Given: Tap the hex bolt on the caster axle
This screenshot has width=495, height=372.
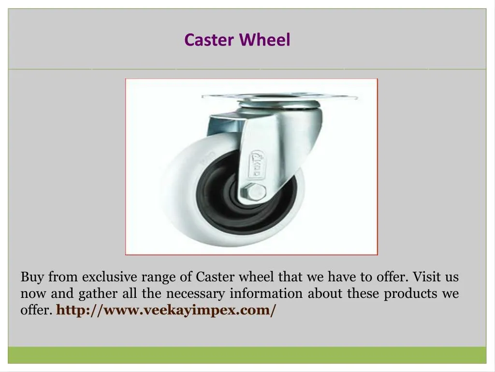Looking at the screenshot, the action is [253, 192].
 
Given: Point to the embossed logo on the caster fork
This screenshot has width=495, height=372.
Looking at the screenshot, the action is [257, 165].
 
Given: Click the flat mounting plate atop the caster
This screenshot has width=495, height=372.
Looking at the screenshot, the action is [279, 96].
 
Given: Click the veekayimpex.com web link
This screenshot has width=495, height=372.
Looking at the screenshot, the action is [166, 310].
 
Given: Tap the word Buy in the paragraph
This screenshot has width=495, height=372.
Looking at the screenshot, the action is [32, 277].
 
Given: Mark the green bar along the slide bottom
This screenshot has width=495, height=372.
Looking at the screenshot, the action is [247, 355].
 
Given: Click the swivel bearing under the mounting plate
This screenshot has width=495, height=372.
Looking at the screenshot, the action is [279, 104].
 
